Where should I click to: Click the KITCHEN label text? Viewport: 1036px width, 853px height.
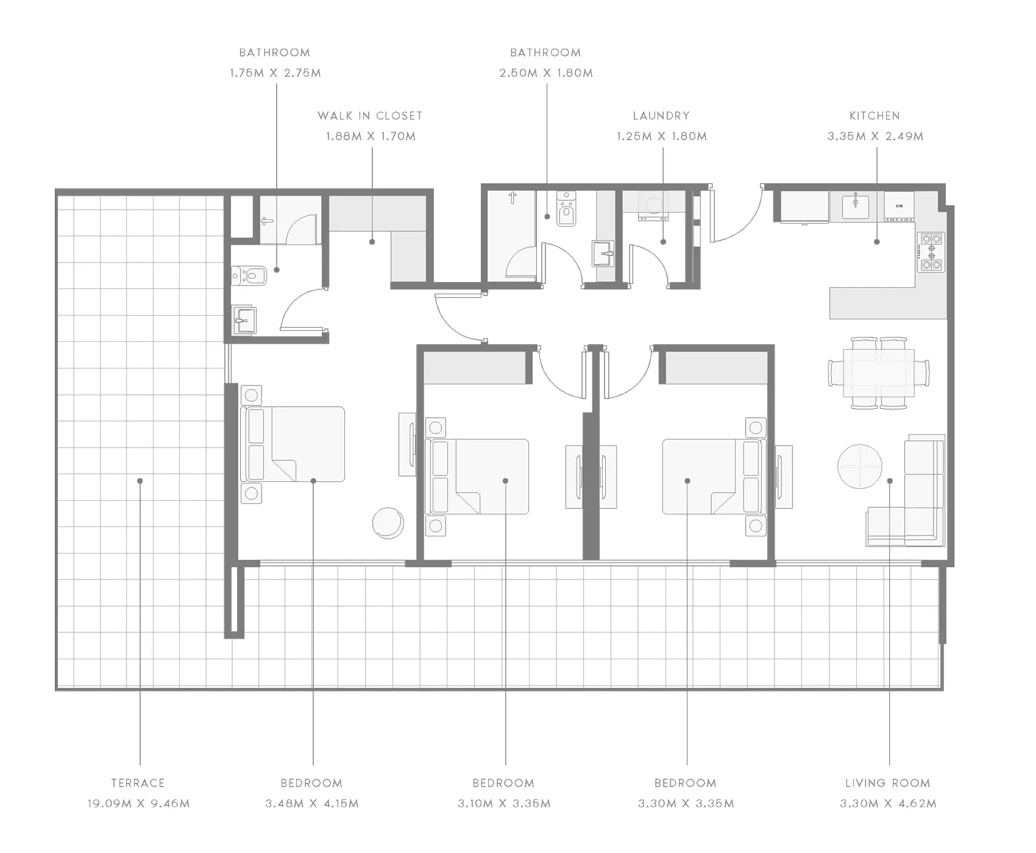point(875,116)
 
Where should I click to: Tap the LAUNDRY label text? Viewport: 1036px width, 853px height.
point(661,116)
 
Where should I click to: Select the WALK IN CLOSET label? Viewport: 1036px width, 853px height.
point(370,116)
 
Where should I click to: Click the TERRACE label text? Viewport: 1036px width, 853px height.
point(138,783)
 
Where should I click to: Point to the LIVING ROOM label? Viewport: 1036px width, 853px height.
point(888,783)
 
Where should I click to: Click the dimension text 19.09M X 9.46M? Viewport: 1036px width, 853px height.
point(138,804)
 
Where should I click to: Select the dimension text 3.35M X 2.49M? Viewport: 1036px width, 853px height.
point(875,136)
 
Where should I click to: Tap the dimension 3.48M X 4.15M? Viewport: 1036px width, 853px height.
point(312,804)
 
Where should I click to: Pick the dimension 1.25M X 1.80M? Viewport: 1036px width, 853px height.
point(662,136)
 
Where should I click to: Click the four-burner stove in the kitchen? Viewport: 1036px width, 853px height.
point(931,252)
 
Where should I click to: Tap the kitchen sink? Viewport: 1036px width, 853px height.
point(856,206)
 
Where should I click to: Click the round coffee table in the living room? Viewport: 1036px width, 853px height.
point(860,466)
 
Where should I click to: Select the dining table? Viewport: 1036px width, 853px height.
point(879,372)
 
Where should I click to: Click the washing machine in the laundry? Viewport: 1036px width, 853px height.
point(653,205)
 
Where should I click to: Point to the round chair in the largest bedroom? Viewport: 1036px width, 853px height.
point(388,523)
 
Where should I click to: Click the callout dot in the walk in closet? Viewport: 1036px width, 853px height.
point(372,242)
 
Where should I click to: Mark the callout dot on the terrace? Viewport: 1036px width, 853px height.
point(140,481)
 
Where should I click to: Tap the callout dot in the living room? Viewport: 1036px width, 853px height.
point(890,481)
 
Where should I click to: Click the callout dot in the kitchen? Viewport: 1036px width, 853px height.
point(877,242)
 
